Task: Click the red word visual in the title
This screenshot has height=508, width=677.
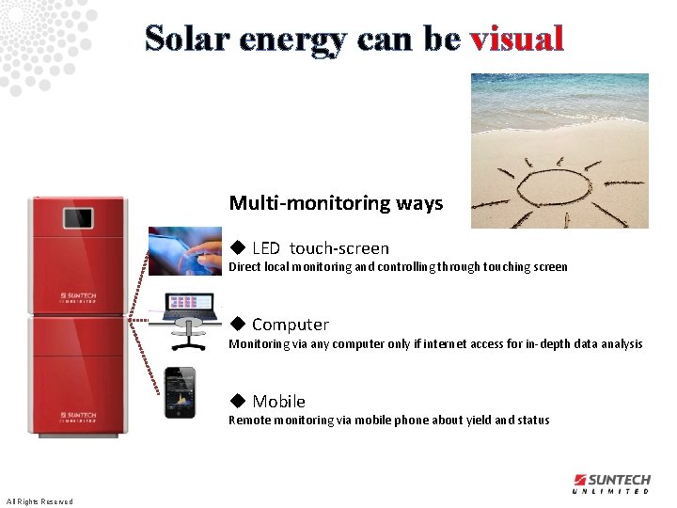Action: (x=516, y=38)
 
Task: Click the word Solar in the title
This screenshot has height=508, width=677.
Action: (x=188, y=38)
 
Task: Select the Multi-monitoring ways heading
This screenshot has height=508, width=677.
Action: (x=336, y=203)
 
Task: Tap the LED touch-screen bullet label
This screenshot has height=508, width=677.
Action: (x=320, y=248)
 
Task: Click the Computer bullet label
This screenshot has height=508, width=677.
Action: (x=290, y=325)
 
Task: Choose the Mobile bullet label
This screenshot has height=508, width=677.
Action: (x=278, y=402)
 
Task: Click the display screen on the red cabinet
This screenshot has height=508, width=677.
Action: (x=79, y=218)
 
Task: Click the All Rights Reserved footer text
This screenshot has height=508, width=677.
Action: (x=39, y=500)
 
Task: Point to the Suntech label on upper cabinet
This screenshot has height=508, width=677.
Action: (x=77, y=295)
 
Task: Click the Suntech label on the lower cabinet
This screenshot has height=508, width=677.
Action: (x=77, y=415)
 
